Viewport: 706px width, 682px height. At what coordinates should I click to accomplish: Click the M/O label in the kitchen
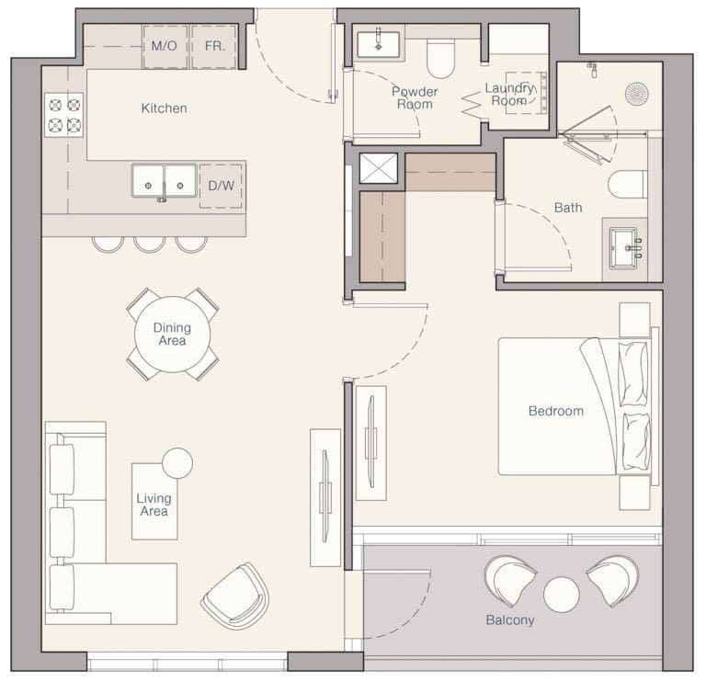click(x=164, y=45)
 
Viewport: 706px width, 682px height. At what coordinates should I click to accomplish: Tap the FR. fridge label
click(x=214, y=45)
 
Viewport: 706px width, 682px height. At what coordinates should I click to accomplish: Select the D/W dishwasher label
click(x=221, y=186)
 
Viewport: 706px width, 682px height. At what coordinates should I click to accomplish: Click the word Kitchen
click(x=164, y=108)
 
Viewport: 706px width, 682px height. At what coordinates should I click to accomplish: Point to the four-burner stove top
click(x=63, y=115)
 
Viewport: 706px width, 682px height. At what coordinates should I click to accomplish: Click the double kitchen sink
click(x=163, y=180)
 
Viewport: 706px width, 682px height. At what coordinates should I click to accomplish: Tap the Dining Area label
click(x=172, y=334)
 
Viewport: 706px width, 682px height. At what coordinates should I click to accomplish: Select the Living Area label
click(x=154, y=505)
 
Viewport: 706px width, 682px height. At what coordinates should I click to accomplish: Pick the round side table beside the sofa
click(x=177, y=462)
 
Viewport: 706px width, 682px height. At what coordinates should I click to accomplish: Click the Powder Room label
click(x=415, y=97)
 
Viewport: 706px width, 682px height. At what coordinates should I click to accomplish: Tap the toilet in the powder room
click(x=441, y=59)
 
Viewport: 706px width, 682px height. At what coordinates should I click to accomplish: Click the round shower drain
click(x=636, y=92)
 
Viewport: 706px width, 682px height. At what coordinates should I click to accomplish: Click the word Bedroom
click(x=555, y=411)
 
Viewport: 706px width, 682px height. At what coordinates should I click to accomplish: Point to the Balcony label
click(x=510, y=620)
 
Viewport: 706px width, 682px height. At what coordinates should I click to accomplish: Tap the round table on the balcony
click(x=561, y=594)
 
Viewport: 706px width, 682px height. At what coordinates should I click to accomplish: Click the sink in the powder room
click(x=378, y=42)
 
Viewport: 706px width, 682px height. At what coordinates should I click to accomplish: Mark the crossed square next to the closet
click(x=377, y=168)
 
